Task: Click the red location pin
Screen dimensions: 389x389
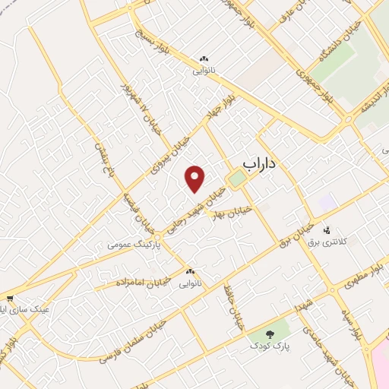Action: [196, 179]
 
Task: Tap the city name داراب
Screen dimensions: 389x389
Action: [261, 163]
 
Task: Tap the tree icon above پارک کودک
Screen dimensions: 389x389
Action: [271, 333]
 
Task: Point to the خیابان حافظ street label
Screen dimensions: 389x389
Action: [232, 307]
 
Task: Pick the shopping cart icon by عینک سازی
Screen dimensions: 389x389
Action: [9, 298]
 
